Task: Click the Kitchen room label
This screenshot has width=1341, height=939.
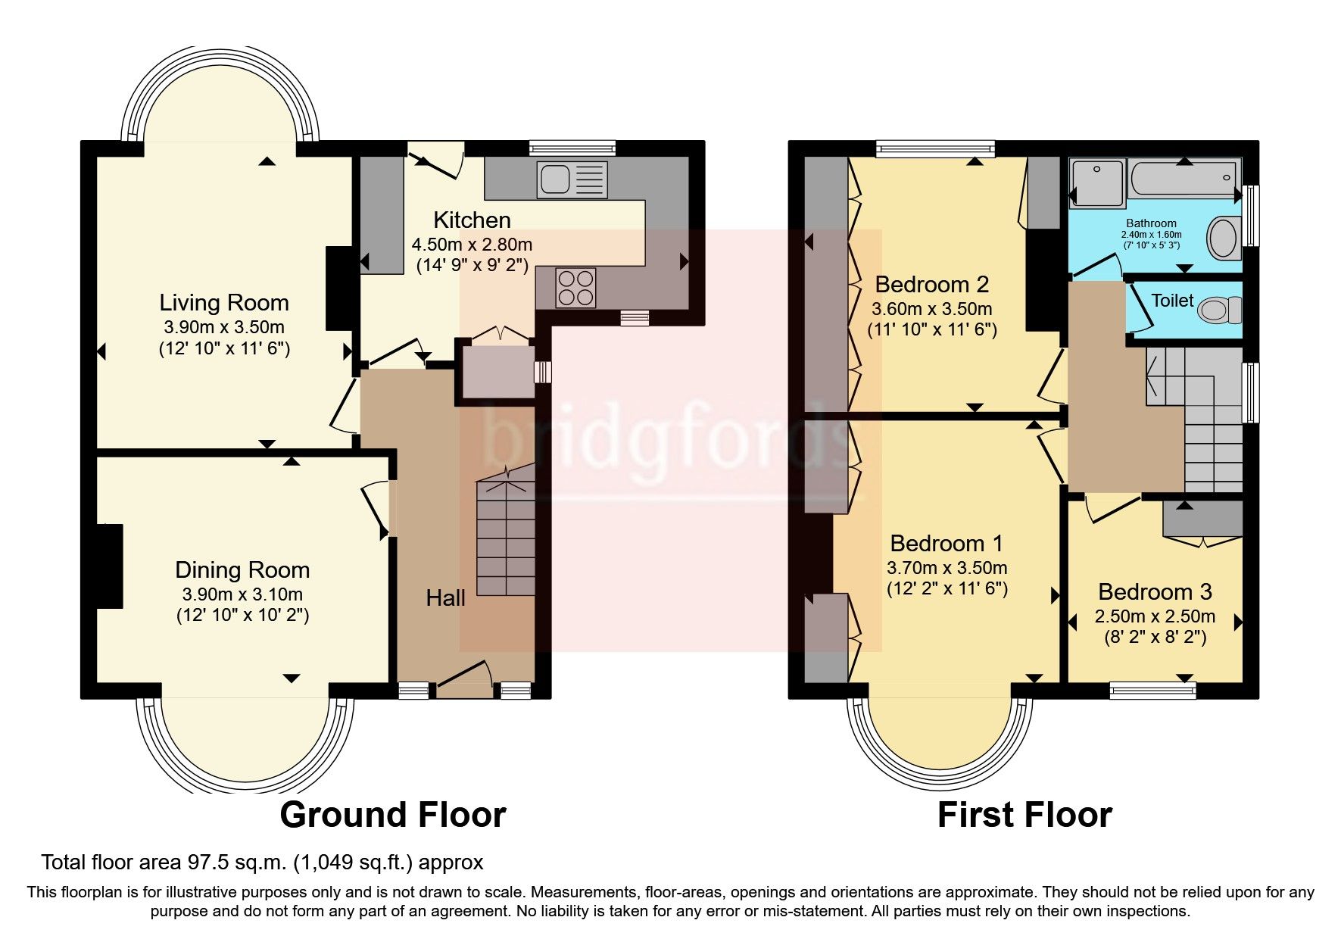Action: pyautogui.click(x=472, y=220)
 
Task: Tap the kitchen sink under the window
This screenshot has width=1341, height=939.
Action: pyautogui.click(x=572, y=179)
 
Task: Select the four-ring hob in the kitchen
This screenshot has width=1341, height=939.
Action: pyautogui.click(x=575, y=288)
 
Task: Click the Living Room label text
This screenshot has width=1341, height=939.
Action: pyautogui.click(x=223, y=303)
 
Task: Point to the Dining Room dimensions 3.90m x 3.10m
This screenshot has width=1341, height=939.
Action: pyautogui.click(x=242, y=594)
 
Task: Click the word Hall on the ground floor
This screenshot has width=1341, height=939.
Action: pyautogui.click(x=445, y=598)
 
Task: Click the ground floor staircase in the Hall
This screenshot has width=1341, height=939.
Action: pyautogui.click(x=506, y=538)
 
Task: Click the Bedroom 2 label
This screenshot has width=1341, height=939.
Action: pyautogui.click(x=931, y=285)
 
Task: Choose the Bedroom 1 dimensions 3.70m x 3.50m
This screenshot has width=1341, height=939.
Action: pyautogui.click(x=946, y=568)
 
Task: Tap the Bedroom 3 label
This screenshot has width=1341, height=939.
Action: pyautogui.click(x=1155, y=591)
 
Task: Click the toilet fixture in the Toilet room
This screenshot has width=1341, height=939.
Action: pyautogui.click(x=1219, y=309)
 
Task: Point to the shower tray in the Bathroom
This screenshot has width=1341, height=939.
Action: pyautogui.click(x=1096, y=182)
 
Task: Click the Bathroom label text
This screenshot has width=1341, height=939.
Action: pyautogui.click(x=1151, y=223)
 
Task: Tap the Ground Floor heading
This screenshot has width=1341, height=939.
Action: pyautogui.click(x=392, y=815)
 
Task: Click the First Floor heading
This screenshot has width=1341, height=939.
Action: pyautogui.click(x=1024, y=815)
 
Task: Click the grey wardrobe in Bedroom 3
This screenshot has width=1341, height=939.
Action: pyautogui.click(x=1203, y=519)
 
